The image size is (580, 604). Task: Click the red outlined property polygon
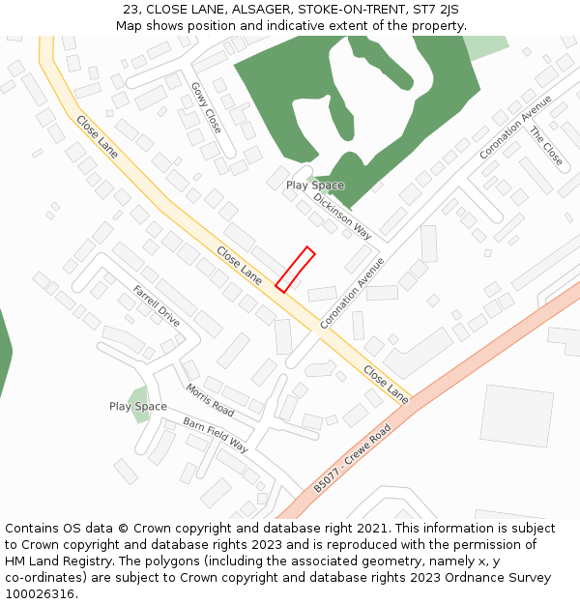(x=295, y=270)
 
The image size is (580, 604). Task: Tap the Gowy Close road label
(x=206, y=106)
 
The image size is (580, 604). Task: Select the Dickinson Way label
(x=342, y=214)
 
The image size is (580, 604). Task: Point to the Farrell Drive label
(x=157, y=305)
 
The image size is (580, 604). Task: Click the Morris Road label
(x=210, y=399)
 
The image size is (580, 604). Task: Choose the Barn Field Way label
(x=216, y=435)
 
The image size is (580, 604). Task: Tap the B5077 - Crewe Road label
(x=352, y=458)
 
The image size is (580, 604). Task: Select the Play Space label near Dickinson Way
(x=315, y=185)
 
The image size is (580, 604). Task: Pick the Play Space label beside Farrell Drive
(x=137, y=407)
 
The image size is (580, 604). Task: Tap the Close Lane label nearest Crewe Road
(x=386, y=384)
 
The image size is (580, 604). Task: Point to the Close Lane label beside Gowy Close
(x=97, y=137)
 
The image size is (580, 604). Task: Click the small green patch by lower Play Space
(x=139, y=395)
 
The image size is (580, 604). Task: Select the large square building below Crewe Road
(x=516, y=416)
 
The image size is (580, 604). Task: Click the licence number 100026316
(x=40, y=593)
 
